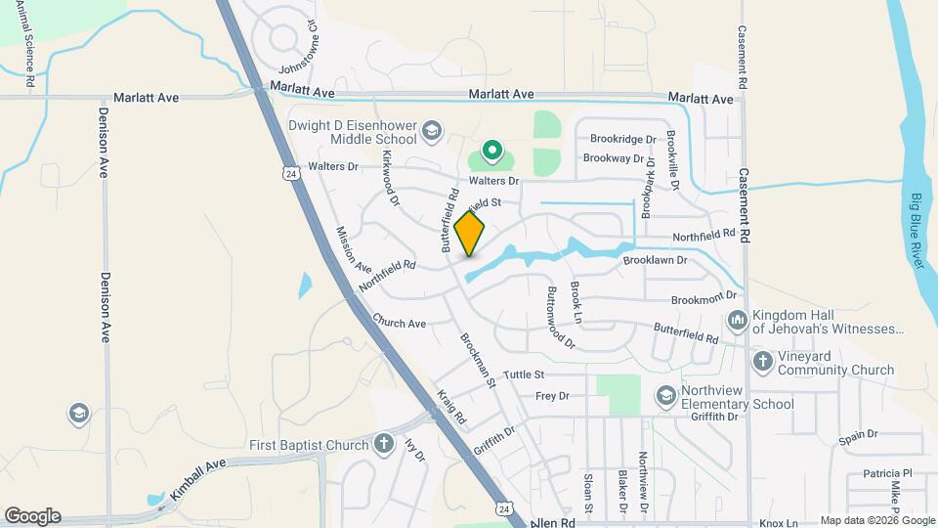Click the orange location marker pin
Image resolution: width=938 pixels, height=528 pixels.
(470, 233)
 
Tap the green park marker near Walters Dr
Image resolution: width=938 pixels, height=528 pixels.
(492, 153)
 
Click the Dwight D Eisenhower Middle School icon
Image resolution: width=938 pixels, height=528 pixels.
(432, 130)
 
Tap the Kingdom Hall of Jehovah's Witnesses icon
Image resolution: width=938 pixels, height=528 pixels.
(738, 320)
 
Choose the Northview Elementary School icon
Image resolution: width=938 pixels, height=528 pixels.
(666, 396)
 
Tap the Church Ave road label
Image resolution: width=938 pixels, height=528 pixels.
(399, 324)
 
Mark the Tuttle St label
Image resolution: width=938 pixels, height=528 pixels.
(524, 374)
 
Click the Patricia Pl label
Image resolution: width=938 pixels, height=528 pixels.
(886, 473)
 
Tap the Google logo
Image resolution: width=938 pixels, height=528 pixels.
(32, 516)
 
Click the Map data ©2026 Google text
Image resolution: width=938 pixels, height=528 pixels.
(875, 520)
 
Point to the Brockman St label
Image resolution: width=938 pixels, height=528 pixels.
(479, 361)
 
